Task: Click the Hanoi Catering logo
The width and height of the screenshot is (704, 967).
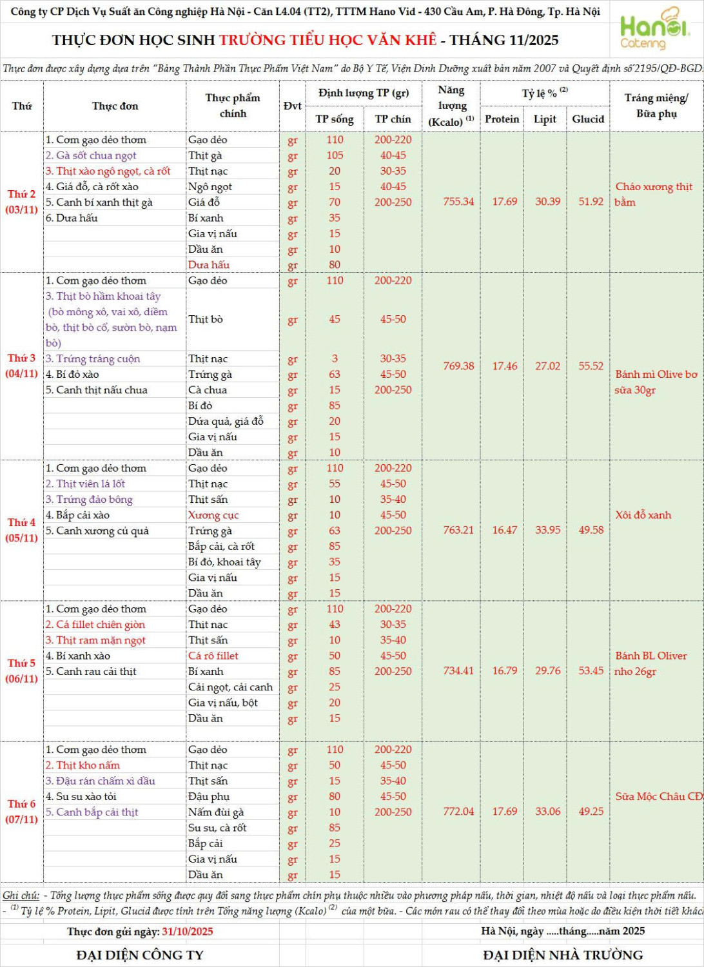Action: [x=654, y=29]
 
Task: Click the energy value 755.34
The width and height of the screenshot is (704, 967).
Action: [x=458, y=202]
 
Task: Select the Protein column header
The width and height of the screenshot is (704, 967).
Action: [x=502, y=119]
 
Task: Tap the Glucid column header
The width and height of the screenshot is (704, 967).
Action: [x=588, y=119]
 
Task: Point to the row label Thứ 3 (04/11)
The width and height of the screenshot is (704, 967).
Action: [x=21, y=366]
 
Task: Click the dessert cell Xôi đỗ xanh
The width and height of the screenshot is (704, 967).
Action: [x=643, y=515]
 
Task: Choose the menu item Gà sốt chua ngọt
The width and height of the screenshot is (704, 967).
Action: [x=91, y=155]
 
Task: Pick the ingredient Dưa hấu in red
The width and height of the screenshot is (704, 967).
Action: [x=209, y=265]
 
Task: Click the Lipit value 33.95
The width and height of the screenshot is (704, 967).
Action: [x=547, y=530]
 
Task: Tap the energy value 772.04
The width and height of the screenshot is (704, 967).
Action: [x=458, y=812]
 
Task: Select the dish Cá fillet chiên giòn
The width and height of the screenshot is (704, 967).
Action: [x=95, y=625]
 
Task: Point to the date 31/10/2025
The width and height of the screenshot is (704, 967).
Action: [x=187, y=932]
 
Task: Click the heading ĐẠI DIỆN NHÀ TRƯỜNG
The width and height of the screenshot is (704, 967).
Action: [x=563, y=955]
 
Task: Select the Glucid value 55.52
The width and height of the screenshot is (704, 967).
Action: [x=591, y=366]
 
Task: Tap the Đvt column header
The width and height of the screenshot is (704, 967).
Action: [x=292, y=106]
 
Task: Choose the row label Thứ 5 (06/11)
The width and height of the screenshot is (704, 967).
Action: [x=21, y=670]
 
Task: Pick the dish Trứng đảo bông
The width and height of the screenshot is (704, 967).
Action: [x=89, y=500]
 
